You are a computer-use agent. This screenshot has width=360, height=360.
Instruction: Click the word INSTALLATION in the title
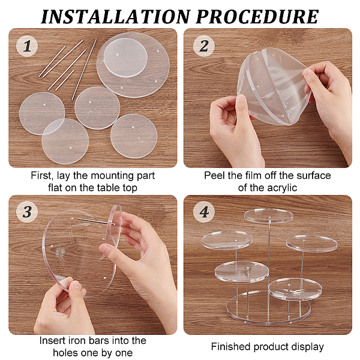pyautogui.click(x=115, y=17)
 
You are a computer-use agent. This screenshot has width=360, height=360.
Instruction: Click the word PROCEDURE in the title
pyautogui.click(x=257, y=17)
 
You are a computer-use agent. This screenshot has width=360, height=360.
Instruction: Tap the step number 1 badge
pyautogui.click(x=27, y=46)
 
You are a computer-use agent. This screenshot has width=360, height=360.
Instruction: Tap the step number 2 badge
pyautogui.click(x=204, y=46)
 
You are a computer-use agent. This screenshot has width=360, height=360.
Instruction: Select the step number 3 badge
pyautogui.click(x=27, y=212)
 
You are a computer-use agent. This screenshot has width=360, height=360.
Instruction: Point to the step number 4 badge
pyautogui.click(x=204, y=212)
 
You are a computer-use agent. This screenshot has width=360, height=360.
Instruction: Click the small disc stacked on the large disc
pyautogui.click(x=125, y=58)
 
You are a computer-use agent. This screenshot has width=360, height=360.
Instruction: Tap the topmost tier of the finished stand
pyautogui.click(x=269, y=216)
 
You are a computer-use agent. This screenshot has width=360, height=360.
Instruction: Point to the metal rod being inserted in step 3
pyautogui.click(x=97, y=221)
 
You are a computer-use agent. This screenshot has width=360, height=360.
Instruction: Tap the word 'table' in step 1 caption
pyautogui.click(x=109, y=188)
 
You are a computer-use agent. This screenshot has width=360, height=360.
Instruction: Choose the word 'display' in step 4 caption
pyautogui.click(x=307, y=347)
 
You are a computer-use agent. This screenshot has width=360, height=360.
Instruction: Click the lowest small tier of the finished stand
pyautogui.click(x=295, y=289)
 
